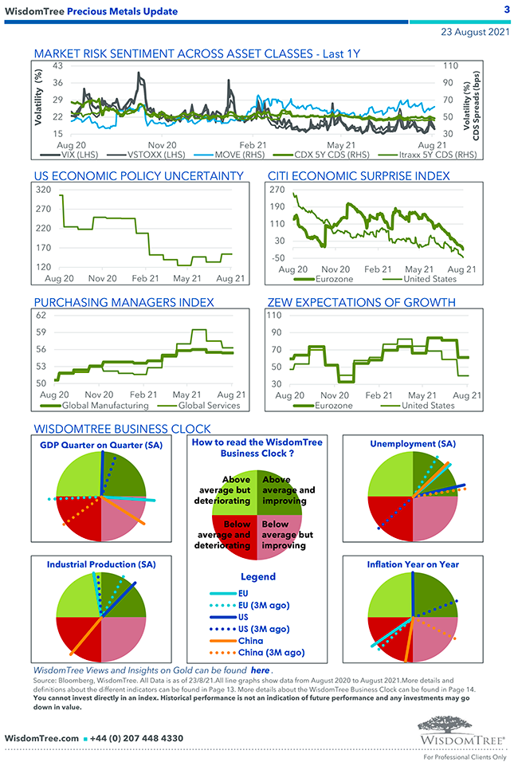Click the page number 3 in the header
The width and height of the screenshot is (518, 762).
[506, 9]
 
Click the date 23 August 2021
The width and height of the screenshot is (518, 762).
[475, 33]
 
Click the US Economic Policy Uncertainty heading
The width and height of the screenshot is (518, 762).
[139, 175]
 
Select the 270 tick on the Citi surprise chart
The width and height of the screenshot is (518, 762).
[277, 190]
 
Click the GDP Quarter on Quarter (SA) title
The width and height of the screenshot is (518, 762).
[101, 445]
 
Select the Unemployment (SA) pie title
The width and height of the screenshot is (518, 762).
[413, 443]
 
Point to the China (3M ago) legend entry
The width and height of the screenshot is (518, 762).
[271, 652]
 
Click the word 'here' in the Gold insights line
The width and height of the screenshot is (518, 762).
[261, 671]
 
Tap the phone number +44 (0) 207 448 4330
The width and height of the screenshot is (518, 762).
[136, 738]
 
